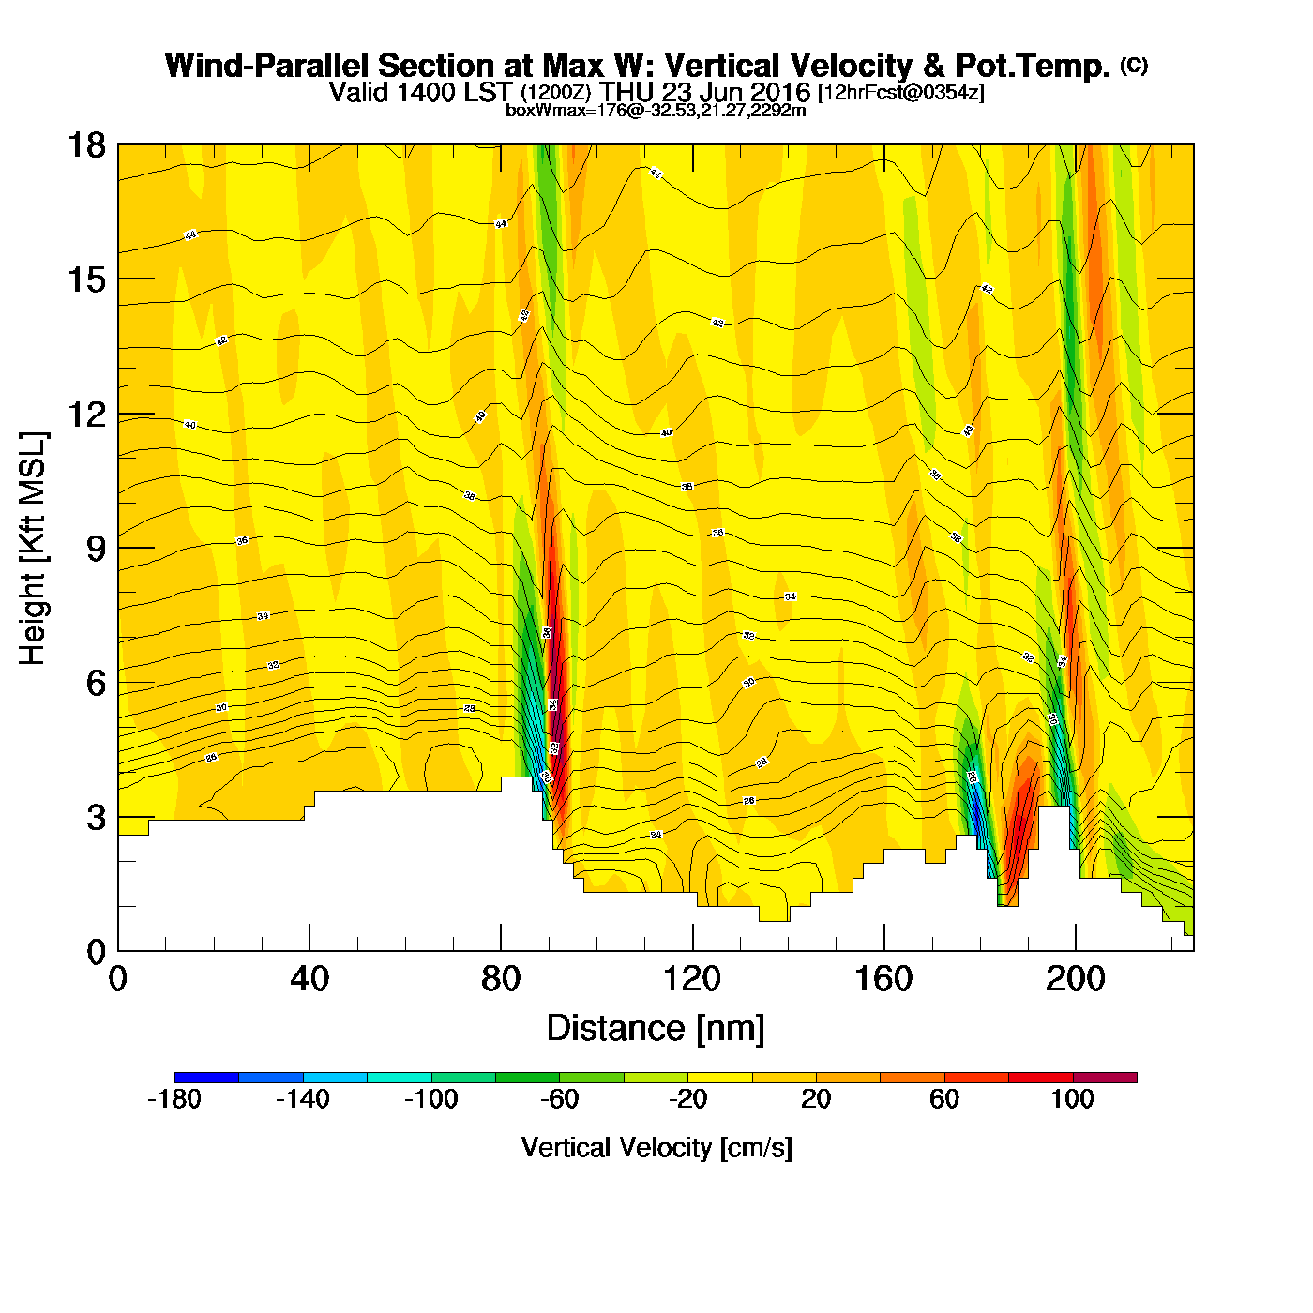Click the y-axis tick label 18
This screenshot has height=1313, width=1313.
pyautogui.click(x=85, y=145)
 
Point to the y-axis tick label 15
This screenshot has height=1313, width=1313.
pyautogui.click(x=85, y=279)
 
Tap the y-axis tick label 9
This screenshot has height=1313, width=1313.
pyautogui.click(x=96, y=549)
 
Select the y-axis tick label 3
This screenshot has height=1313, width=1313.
pyautogui.click(x=96, y=818)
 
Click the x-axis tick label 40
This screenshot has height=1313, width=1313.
pyautogui.click(x=309, y=979)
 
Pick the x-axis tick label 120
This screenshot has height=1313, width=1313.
pyautogui.click(x=692, y=979)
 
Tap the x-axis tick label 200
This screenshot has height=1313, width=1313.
pyautogui.click(x=1076, y=979)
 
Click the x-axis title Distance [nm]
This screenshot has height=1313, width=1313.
pyautogui.click(x=656, y=1028)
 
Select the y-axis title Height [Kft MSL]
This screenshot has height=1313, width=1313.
pyautogui.click(x=33, y=549)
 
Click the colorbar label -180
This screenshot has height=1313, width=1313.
pyautogui.click(x=174, y=1099)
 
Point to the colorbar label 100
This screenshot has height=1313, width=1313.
pyautogui.click(x=1072, y=1099)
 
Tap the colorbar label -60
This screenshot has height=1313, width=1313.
pyautogui.click(x=559, y=1099)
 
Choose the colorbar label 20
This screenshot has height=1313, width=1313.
pyautogui.click(x=816, y=1099)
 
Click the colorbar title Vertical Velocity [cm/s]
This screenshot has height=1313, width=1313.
pyautogui.click(x=656, y=1147)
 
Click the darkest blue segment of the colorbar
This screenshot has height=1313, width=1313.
pyautogui.click(x=206, y=1078)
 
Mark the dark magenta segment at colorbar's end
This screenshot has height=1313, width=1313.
pyautogui.click(x=1105, y=1078)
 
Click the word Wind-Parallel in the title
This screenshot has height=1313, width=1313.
pyautogui.click(x=268, y=66)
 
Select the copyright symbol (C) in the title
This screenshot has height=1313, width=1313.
pyautogui.click(x=1134, y=65)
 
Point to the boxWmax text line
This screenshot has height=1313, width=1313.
pyautogui.click(x=656, y=110)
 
